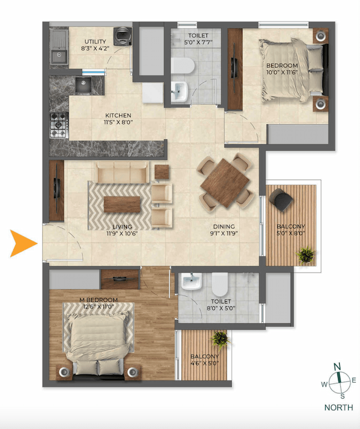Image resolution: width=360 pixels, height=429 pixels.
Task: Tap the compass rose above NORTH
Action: [x=337, y=382]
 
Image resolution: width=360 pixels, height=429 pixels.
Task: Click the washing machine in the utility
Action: [x=121, y=37]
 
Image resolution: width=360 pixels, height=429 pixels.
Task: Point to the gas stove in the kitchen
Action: [x=59, y=124]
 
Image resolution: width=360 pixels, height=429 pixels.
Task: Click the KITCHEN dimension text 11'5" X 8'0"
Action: [x=118, y=122]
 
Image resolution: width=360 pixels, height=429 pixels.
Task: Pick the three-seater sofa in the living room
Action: [x=121, y=172]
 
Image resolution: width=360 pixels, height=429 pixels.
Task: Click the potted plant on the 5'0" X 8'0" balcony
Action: [x=306, y=254]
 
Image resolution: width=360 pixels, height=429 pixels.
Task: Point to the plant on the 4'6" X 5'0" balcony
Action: [x=220, y=339]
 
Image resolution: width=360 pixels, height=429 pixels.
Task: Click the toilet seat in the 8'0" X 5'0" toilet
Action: [x=219, y=283]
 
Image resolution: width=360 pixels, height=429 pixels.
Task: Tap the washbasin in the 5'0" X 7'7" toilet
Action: [x=179, y=89]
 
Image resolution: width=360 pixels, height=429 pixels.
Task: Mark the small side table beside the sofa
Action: [x=161, y=172]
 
